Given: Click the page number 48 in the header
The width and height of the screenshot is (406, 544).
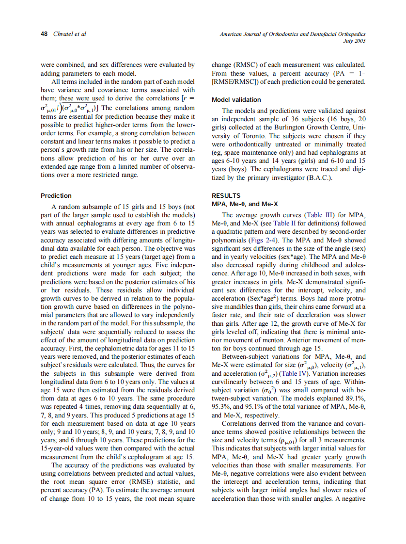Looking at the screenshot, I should click(44, 34).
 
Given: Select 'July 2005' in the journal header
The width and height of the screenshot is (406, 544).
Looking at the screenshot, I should click(354, 41).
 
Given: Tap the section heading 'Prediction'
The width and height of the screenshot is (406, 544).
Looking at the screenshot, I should click(56, 196).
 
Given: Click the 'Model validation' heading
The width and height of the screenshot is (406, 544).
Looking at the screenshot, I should click(236, 99).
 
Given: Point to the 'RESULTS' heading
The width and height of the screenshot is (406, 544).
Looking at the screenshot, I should click(226, 196).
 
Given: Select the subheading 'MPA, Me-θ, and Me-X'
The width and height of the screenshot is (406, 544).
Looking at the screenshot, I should click(245, 204).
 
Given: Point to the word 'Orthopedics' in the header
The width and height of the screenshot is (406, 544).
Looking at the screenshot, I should click(349, 34).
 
